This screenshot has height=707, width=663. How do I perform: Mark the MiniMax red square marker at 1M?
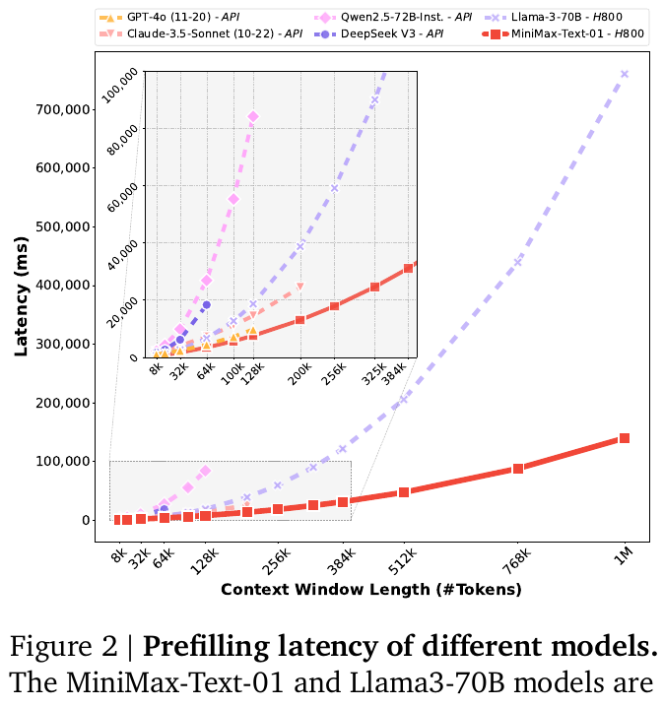(x=624, y=438)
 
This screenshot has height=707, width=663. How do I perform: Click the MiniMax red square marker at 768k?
(x=517, y=469)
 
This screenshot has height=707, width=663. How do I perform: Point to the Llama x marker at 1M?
(x=624, y=74)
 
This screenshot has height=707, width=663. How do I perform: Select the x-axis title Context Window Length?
(x=370, y=590)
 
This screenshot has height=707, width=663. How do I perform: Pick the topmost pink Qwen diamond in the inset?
(x=253, y=116)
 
